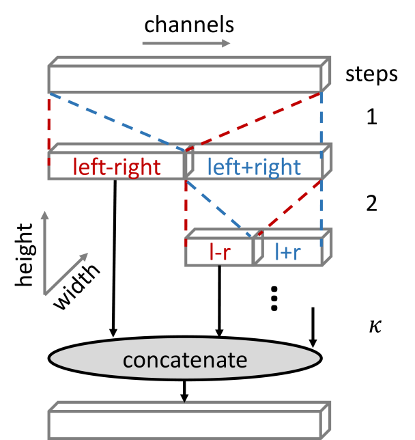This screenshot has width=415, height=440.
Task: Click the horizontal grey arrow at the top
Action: (186, 44)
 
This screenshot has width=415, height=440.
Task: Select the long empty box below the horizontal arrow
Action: (184, 79)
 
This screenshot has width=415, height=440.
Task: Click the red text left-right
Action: (117, 167)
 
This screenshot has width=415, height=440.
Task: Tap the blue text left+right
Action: (254, 167)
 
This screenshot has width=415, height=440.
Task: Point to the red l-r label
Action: (219, 252)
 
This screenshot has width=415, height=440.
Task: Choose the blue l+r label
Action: (287, 252)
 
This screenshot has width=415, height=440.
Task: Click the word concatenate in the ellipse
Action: (184, 359)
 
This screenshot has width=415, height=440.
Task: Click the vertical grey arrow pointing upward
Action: (44, 253)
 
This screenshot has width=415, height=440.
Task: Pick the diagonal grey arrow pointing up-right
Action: (66, 274)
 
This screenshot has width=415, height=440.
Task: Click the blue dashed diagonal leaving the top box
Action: (116, 121)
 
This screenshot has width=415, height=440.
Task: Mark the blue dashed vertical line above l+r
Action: (321, 205)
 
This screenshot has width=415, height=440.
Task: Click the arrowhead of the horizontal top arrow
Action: (227, 44)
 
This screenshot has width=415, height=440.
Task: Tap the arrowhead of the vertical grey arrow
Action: (44, 215)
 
